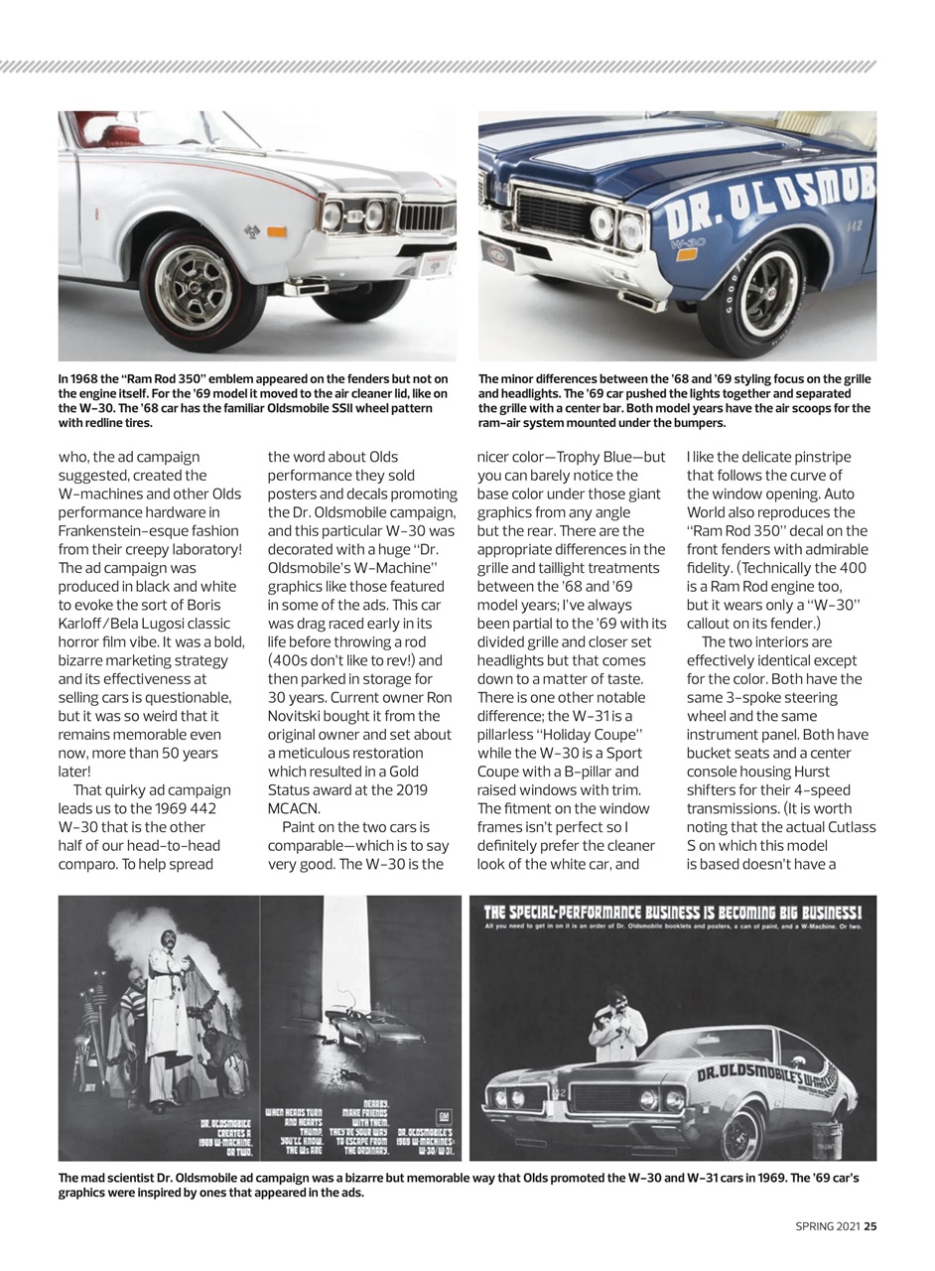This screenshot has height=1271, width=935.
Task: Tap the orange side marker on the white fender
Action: click(x=277, y=232)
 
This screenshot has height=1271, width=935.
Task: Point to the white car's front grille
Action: click(x=426, y=217)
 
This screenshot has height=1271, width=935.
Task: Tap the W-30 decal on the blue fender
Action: click(x=682, y=241)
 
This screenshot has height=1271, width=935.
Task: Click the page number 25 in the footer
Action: click(x=869, y=1226)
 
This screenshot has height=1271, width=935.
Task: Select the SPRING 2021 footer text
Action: click(x=828, y=1226)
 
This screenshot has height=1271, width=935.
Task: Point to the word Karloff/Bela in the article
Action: click(x=102, y=624)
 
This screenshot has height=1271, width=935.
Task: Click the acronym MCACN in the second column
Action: click(x=294, y=808)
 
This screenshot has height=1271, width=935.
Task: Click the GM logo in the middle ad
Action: click(x=444, y=1114)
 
